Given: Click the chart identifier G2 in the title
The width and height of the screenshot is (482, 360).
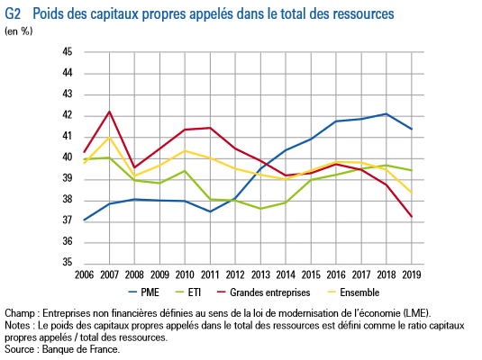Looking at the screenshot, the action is pos(13,13).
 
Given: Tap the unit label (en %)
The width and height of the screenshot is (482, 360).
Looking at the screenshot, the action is pos(18,31).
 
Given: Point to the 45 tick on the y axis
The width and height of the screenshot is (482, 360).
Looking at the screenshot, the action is pos(68,51).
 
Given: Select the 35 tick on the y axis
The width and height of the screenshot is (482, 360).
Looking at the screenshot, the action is pos(68,262).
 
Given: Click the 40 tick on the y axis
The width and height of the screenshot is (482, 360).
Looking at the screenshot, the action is pos(68,157).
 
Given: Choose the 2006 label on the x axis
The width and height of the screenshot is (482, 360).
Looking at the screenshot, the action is pos(84,274).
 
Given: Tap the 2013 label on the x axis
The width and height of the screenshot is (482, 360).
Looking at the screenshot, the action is pos(260,274).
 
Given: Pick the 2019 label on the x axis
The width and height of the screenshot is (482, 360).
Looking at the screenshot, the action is pos(412,274).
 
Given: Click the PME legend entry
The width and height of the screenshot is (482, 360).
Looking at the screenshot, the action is pos(143,292).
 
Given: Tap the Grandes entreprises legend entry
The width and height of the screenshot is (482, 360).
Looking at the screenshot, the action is pos(263,292).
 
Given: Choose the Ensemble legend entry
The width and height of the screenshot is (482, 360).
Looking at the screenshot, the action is pos(353,292).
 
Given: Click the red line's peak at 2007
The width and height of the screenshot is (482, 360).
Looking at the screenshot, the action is pos(109,112).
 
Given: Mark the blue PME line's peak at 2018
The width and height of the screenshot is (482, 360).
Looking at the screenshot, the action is pos(387,114).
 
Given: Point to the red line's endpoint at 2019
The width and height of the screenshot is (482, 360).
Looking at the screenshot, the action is pos(412,217).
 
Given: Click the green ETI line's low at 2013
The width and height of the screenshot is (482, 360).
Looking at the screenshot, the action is pos(260,209).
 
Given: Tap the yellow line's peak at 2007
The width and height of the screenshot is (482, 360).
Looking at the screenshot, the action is pos(109,137).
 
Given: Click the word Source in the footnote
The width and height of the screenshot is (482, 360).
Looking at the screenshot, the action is pos(19,349).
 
